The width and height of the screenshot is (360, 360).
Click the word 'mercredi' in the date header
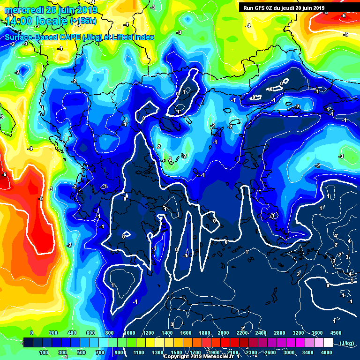pyautogui.click(x=23, y=10)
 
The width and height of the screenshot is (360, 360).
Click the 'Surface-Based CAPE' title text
pyautogui.click(x=43, y=37)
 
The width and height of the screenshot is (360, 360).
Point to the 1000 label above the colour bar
pyautogui.click(x=130, y=333)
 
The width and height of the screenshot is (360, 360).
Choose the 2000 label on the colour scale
pyautogui.click(x=224, y=333)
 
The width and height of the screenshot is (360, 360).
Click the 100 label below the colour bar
pyautogui.click(x=44, y=352)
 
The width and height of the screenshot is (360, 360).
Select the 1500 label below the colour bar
pyautogui.click(x=176, y=352)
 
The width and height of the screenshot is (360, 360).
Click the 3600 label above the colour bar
pyautogui.click(x=317, y=333)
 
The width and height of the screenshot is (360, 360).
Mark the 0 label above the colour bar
pyautogui.click(x=31, y=333)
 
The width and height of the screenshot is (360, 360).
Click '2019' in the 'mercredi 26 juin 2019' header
pyautogui.click(x=87, y=10)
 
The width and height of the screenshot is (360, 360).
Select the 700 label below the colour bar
pyautogui.click(x=100, y=352)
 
